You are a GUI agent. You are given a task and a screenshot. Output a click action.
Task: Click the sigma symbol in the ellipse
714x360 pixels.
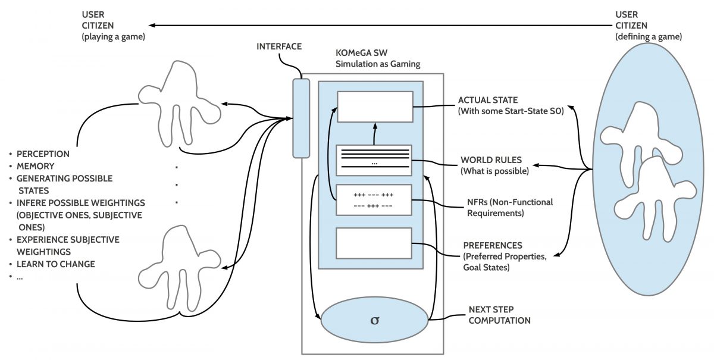tap(374, 320)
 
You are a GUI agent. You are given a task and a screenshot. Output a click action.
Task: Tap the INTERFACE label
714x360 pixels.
tap(279, 46)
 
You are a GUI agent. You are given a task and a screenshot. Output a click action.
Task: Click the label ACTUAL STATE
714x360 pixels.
tap(487, 100)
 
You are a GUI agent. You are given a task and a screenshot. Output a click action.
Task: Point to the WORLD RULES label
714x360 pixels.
tap(491, 160)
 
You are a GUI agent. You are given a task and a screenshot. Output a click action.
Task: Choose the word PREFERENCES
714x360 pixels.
tap(493, 245)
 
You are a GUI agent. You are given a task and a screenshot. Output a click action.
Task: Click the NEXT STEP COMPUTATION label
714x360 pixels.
tap(499, 315)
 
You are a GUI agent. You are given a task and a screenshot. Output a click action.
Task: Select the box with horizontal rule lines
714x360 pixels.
tap(374, 159)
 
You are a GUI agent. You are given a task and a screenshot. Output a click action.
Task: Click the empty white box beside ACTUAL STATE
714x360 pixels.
tap(374, 107)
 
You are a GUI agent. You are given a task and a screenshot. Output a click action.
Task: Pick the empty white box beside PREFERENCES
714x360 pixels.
tap(374, 242)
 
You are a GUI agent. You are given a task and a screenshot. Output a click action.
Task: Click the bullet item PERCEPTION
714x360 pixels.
tap(43, 154)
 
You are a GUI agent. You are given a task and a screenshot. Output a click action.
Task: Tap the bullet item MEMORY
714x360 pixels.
tap(35, 166)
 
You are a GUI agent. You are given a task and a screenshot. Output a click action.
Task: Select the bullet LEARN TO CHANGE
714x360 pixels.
tap(55, 264)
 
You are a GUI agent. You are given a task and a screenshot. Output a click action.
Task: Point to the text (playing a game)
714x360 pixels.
tap(115, 37)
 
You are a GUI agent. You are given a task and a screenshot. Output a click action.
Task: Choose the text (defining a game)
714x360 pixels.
tap(649, 37)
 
